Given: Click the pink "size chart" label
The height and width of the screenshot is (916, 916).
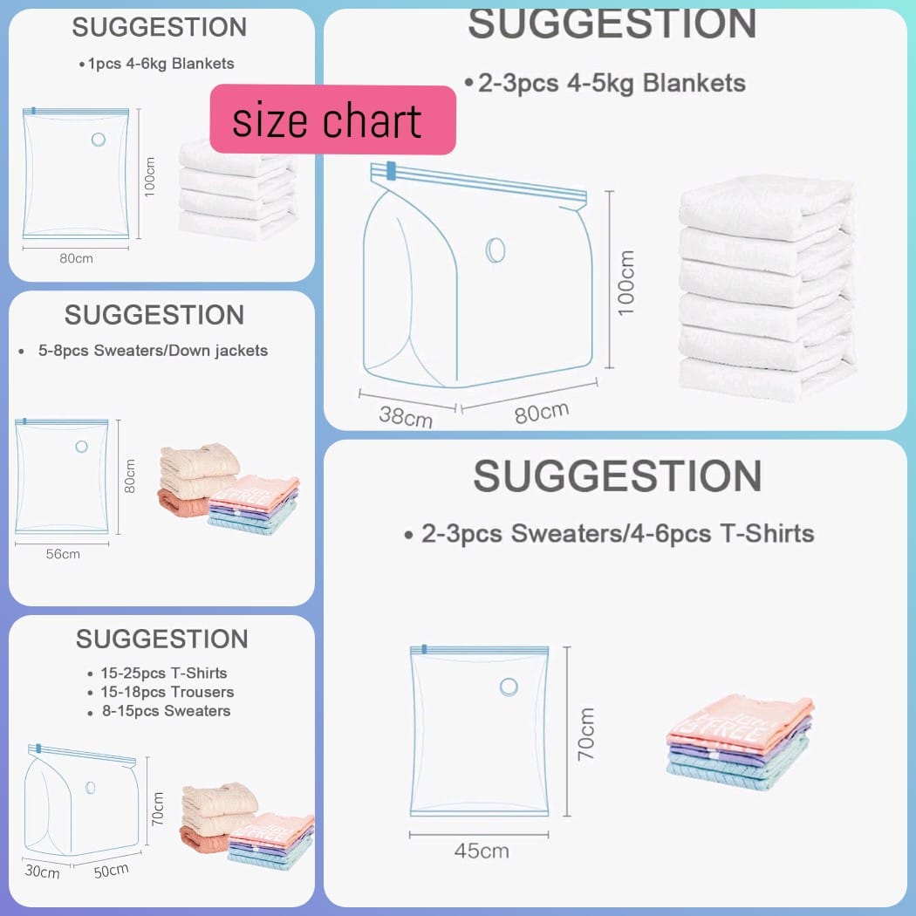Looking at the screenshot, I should pyautogui.click(x=332, y=120).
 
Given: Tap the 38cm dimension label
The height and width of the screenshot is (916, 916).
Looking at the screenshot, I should pyautogui.click(x=405, y=416).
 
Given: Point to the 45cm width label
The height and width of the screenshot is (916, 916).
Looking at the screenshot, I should pyautogui.click(x=481, y=850).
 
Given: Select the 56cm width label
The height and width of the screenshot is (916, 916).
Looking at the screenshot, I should pyautogui.click(x=63, y=554).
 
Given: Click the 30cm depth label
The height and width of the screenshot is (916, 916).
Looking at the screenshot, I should pyautogui.click(x=42, y=872).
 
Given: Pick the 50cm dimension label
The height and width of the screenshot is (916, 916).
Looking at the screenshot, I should pyautogui.click(x=112, y=870).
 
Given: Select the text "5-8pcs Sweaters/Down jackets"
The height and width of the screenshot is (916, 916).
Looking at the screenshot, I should pyautogui.click(x=148, y=351).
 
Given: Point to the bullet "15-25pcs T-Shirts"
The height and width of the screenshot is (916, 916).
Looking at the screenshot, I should pyautogui.click(x=161, y=673).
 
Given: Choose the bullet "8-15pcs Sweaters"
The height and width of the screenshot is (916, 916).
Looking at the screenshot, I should pyautogui.click(x=162, y=711).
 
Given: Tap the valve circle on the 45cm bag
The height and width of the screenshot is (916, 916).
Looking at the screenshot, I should pyautogui.click(x=509, y=687).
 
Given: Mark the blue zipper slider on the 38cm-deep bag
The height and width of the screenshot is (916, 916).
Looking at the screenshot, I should pyautogui.click(x=391, y=170).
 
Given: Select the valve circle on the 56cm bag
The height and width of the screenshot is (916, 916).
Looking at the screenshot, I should pyautogui.click(x=81, y=447).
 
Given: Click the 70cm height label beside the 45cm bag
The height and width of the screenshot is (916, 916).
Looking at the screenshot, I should pyautogui.click(x=585, y=733).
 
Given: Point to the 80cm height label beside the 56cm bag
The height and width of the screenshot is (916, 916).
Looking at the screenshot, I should pyautogui.click(x=130, y=475).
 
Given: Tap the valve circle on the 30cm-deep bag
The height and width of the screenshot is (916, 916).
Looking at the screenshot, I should pyautogui.click(x=91, y=788).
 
